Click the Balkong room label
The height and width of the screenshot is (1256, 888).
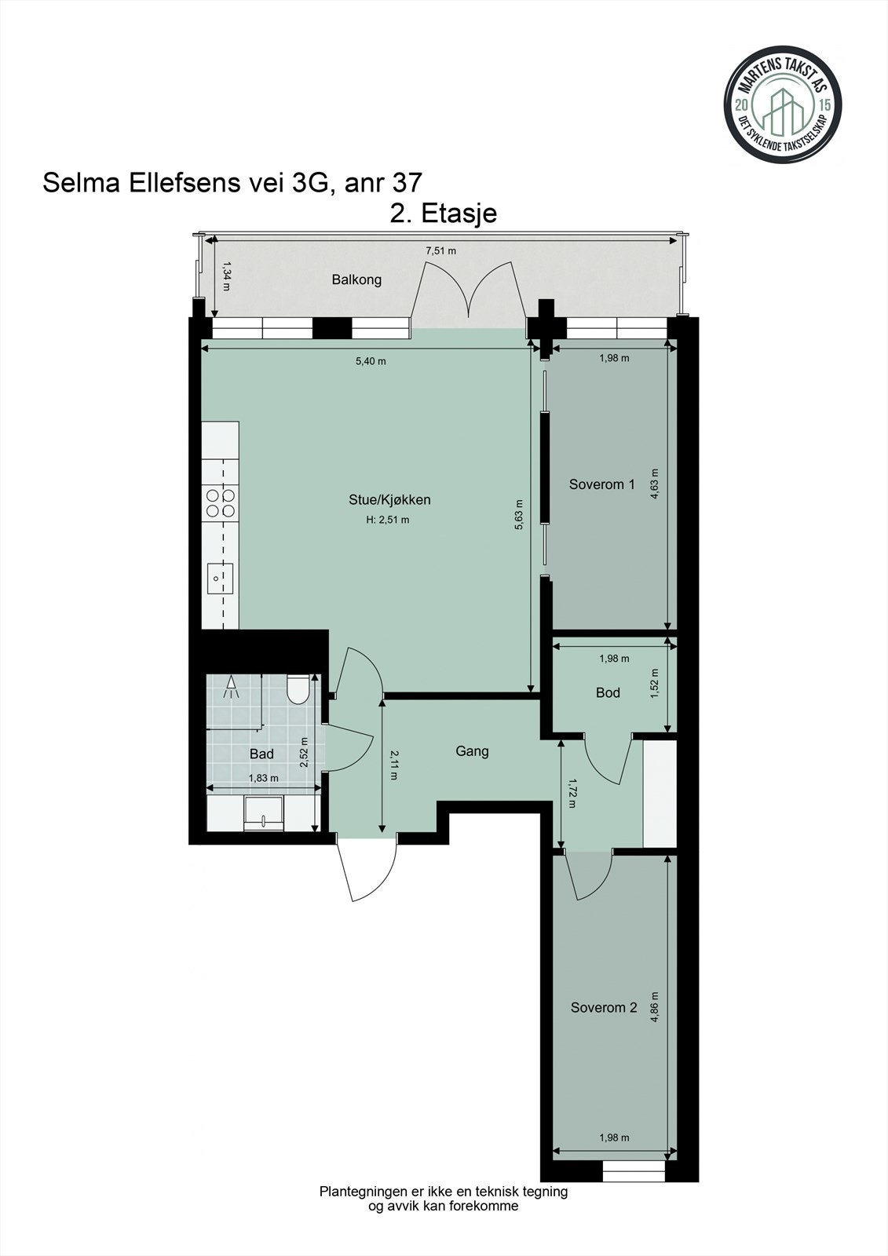(x=356, y=279)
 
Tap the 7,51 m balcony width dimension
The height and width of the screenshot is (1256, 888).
(x=441, y=251)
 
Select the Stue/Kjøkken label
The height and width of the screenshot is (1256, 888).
(x=390, y=499)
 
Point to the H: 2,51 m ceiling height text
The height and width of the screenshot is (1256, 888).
(x=388, y=520)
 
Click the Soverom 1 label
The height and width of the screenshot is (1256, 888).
(x=602, y=484)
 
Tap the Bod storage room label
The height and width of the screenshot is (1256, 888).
(x=608, y=692)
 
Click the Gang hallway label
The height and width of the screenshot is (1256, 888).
(x=472, y=751)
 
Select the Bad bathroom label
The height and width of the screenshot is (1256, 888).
(x=261, y=754)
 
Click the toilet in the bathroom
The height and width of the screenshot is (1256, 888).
(x=298, y=689)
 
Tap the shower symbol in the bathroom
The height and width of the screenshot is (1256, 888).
(x=231, y=687)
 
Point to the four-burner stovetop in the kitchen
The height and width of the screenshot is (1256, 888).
(x=221, y=503)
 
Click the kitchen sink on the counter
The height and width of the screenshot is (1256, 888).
(x=220, y=578)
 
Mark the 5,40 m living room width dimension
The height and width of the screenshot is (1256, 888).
(x=371, y=361)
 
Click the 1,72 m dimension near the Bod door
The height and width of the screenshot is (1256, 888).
(x=572, y=792)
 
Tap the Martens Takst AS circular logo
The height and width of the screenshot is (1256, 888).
(x=783, y=105)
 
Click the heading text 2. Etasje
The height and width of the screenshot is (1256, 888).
(x=443, y=214)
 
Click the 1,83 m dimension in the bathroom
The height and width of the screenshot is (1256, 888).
(x=263, y=778)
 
